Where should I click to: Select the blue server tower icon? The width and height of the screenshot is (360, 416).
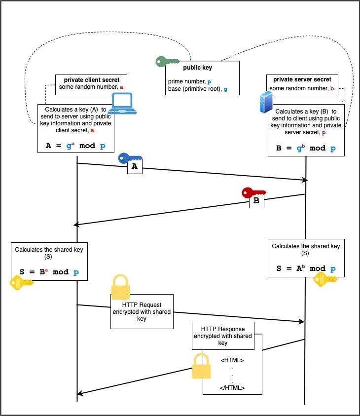click(x=266, y=103)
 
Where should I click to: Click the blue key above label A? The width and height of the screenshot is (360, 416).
click(x=129, y=158)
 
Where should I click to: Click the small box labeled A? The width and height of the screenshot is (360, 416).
click(x=135, y=168)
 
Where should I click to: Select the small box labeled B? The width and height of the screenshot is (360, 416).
click(x=256, y=201)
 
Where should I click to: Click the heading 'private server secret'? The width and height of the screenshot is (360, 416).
click(x=302, y=79)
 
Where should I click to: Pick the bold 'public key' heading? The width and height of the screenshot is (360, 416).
click(x=197, y=68)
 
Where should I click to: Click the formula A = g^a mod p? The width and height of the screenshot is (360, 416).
click(x=76, y=147)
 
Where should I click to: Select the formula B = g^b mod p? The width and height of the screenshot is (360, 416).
click(x=306, y=148)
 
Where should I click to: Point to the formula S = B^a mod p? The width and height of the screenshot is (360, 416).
click(x=48, y=272)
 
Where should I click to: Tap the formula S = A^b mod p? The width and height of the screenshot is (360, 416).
click(x=306, y=268)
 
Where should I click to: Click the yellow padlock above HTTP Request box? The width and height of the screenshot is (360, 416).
click(x=121, y=287)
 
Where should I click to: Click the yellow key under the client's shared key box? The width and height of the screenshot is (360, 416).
click(x=21, y=283)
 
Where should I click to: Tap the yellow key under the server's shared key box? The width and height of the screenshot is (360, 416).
click(x=325, y=279)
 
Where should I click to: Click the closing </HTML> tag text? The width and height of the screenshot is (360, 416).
click(x=232, y=387)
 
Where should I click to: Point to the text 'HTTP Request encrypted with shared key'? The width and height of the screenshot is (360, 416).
click(x=142, y=311)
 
